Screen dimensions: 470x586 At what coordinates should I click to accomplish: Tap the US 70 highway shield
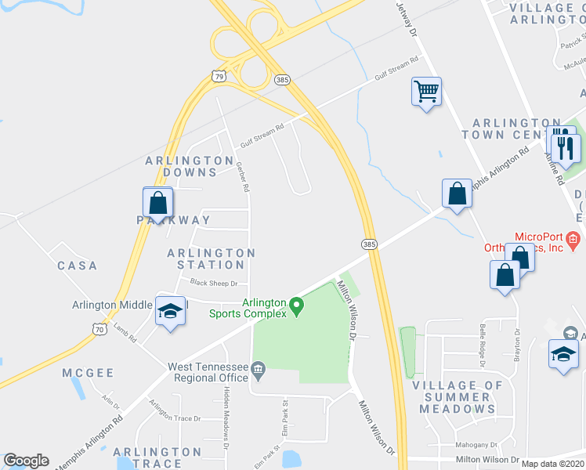pyautogui.click(x=98, y=331)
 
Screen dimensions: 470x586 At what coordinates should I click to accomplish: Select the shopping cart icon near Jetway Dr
pyautogui.click(x=426, y=92)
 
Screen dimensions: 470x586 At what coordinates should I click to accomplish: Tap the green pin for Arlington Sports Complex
pyautogui.click(x=296, y=305)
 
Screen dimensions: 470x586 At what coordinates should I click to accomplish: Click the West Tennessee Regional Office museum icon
pyautogui.click(x=259, y=367)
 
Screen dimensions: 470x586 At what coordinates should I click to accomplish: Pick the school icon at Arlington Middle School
pyautogui.click(x=169, y=311)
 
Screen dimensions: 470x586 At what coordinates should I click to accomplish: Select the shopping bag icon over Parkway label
pyautogui.click(x=158, y=203)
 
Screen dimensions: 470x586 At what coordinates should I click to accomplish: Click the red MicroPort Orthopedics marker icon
pyautogui.click(x=573, y=238)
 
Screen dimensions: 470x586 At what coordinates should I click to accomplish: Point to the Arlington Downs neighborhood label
pyautogui.click(x=181, y=166)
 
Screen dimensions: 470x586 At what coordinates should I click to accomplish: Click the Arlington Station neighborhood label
pyautogui.click(x=211, y=258)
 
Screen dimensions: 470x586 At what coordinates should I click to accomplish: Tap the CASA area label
pyautogui.click(x=77, y=266)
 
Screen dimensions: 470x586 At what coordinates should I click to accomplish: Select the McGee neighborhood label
pyautogui.click(x=89, y=373)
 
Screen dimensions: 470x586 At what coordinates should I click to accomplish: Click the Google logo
pyautogui.click(x=26, y=461)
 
